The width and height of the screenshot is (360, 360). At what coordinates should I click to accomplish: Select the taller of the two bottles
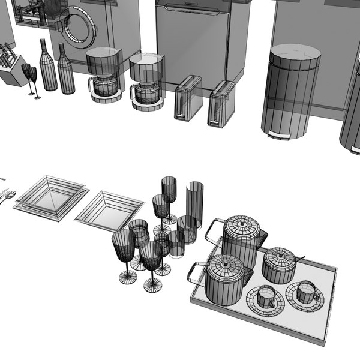pyautogui.click(x=47, y=66)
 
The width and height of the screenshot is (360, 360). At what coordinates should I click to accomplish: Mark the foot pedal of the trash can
pyautogui.click(x=277, y=134)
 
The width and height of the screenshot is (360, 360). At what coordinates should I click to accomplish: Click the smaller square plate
pyautogui.click(x=110, y=211)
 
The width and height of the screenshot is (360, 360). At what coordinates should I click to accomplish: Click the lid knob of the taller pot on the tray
pyautogui.click(x=242, y=223)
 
